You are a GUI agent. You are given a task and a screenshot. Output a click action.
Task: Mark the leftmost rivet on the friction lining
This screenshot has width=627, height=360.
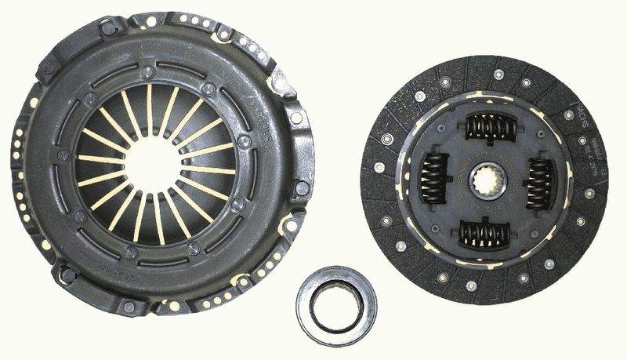coord(379,167)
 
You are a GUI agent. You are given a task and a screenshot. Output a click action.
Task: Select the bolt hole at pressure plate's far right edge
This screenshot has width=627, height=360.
coord(302,188)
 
